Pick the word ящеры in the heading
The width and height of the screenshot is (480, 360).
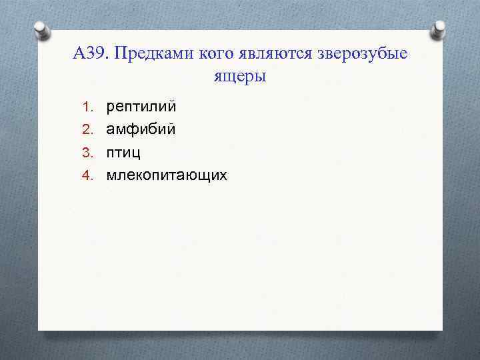(x=240, y=77)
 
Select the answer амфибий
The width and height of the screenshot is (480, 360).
(x=141, y=129)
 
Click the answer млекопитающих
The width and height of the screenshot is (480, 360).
(x=167, y=175)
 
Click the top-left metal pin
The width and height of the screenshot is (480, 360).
(x=41, y=31)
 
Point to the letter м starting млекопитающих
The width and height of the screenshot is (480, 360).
(x=112, y=175)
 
